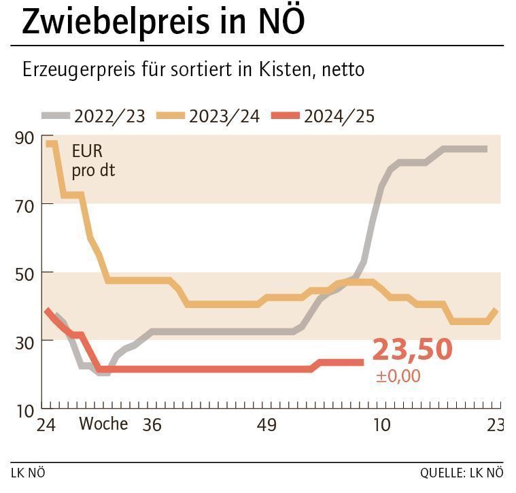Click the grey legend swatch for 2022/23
pos(56,116)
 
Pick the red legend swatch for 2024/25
pos(286,116)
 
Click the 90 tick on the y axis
pos(24,137)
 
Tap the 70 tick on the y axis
pos(24,204)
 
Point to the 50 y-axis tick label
pos(24,272)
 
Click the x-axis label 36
pos(152,425)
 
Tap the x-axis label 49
pos(267,425)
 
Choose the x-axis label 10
pos(382,425)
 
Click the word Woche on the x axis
pos(103,424)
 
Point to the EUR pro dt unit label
pos(92,160)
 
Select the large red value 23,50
pos(412,350)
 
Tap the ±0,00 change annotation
pos(398,376)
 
